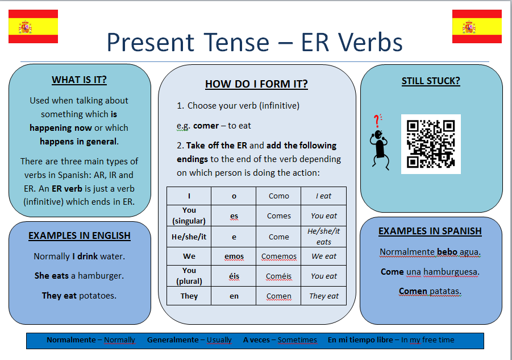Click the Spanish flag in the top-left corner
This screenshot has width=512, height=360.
click(x=33, y=27)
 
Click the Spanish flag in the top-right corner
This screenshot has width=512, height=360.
click(x=477, y=27)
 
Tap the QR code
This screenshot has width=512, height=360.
click(x=431, y=144)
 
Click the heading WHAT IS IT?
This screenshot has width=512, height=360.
click(x=79, y=80)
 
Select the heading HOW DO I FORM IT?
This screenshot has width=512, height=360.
click(x=256, y=84)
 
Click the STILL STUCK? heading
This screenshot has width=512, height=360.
click(x=431, y=81)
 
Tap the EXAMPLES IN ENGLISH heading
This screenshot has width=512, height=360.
click(x=80, y=235)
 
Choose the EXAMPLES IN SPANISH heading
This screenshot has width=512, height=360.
click(x=430, y=231)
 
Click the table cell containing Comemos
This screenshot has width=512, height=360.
click(x=279, y=256)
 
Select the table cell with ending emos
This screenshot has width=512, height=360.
click(x=234, y=256)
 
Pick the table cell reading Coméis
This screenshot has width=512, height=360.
click(x=279, y=276)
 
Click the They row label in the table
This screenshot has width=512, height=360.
click(x=189, y=296)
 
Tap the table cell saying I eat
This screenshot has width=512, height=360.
click(x=324, y=196)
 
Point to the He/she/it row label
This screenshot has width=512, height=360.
click(x=189, y=236)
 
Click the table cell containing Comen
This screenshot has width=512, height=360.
click(x=279, y=296)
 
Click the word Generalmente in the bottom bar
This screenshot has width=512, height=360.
click(x=172, y=340)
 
